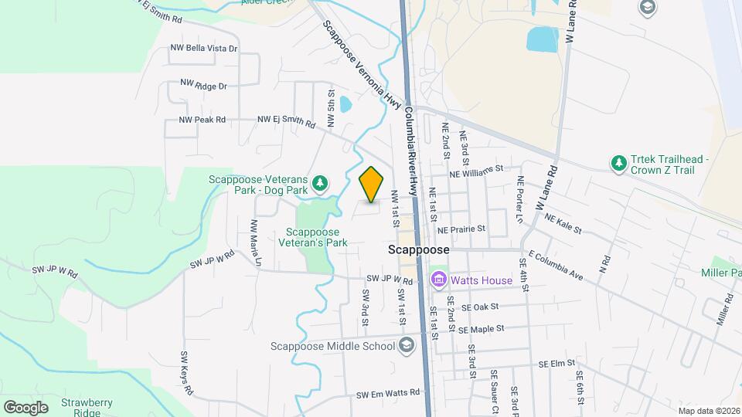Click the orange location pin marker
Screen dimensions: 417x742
point(372,185)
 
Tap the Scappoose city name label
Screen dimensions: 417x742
point(417,251)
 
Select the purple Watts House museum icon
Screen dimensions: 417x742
point(438,280)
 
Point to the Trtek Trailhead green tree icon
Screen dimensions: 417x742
point(618,164)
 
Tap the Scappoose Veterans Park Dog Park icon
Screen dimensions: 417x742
point(319,184)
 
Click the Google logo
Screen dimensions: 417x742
point(26,407)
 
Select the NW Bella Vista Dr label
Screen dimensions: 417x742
point(203,48)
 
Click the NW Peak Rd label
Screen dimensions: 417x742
point(202,120)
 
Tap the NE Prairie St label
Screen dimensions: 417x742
point(461,229)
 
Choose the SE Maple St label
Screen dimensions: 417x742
point(480,329)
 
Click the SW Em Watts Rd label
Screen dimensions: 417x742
point(388,393)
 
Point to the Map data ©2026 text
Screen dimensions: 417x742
point(707,411)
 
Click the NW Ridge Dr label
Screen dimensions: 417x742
point(203,84)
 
